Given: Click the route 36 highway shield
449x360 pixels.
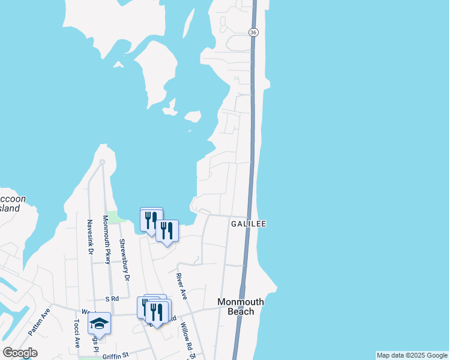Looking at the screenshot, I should pyautogui.click(x=254, y=32).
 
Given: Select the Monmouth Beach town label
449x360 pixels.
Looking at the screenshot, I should pyautogui.click(x=240, y=307).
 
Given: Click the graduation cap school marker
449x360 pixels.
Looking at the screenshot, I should pyautogui.click(x=99, y=325).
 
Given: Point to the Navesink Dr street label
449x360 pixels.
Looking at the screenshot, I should pyautogui.click(x=89, y=236).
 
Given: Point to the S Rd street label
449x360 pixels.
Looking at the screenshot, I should pyautogui.click(x=112, y=299).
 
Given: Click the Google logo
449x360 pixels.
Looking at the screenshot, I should pyautogui.click(x=20, y=353).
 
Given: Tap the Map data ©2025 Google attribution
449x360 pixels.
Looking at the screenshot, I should pyautogui.click(x=412, y=355).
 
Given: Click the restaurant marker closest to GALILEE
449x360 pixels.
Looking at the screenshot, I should pyautogui.click(x=167, y=231).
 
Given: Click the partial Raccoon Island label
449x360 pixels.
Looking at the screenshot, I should pyautogui.click(x=10, y=203).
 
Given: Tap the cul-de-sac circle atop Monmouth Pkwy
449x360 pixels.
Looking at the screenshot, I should pyautogui.click(x=103, y=162).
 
